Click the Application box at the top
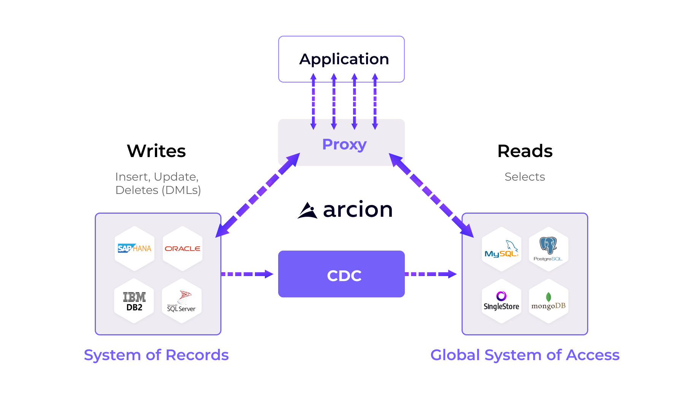[x=341, y=59]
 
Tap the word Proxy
[x=344, y=144]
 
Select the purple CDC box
[x=341, y=274]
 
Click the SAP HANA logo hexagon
[x=134, y=249]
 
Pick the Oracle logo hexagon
[x=183, y=249]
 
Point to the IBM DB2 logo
[x=134, y=302]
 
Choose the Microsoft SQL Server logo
[x=181, y=302]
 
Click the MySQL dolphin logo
[x=502, y=249]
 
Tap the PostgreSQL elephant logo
[x=548, y=249]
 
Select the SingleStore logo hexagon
[x=502, y=302]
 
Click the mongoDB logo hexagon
[x=548, y=302]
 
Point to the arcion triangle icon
[x=307, y=210]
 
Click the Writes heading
[x=156, y=151]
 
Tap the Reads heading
[x=525, y=151]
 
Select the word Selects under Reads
[x=525, y=177]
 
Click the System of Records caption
[x=156, y=355]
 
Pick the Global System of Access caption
[x=525, y=355]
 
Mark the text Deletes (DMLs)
[x=158, y=190]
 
